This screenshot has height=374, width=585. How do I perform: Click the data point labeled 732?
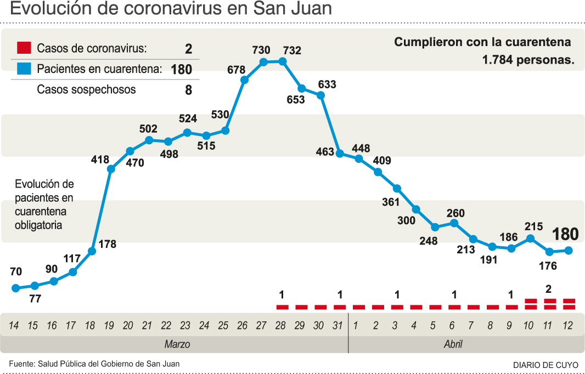(x=283, y=61)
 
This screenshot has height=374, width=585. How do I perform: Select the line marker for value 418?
(x=111, y=169)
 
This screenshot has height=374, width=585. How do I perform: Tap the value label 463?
(x=325, y=151)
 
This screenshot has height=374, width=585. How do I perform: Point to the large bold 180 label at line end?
(x=565, y=234)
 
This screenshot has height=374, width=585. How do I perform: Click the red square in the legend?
(x=24, y=48)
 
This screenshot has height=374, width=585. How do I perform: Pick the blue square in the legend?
(x=24, y=69)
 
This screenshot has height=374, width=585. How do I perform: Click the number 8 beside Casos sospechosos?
(x=188, y=90)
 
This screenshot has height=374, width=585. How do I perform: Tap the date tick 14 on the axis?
(x=14, y=326)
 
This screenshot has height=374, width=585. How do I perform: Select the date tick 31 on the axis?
(x=337, y=326)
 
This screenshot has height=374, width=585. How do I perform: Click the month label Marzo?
(x=177, y=344)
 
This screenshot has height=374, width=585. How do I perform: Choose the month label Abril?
(x=453, y=344)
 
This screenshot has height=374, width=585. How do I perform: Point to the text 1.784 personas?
(x=528, y=60)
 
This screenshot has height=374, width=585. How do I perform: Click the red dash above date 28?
(x=282, y=307)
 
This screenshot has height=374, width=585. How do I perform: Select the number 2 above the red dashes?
(x=548, y=288)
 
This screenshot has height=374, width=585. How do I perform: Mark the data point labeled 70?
(x=16, y=288)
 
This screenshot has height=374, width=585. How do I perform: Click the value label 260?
(x=455, y=213)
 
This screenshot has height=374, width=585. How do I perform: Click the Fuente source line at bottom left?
(x=94, y=364)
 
